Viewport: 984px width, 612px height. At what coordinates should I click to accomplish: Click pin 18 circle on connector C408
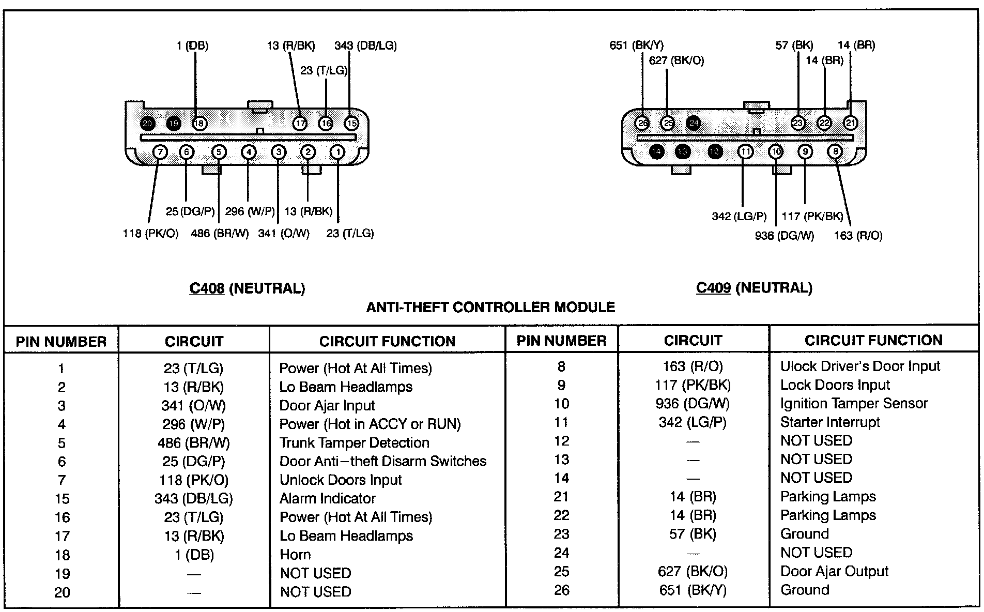point(199,124)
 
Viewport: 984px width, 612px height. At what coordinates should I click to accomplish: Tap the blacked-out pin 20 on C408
point(148,124)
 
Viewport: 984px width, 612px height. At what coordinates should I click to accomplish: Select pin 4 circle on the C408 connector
point(249,152)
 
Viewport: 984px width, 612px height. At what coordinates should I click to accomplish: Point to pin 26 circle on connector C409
point(642,123)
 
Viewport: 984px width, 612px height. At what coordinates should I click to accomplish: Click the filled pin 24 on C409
point(694,123)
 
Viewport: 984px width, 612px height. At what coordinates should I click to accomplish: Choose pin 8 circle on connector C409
point(835,151)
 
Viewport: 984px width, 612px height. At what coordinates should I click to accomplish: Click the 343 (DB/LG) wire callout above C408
point(365,45)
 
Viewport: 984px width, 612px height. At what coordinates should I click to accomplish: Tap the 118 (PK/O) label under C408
point(150,234)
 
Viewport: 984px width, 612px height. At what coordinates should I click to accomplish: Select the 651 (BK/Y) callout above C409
point(636,45)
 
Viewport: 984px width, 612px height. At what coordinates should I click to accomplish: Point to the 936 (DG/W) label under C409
point(784,236)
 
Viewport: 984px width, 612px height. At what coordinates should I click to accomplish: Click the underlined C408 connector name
point(207,288)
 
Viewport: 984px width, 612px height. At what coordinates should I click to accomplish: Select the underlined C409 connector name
point(713,288)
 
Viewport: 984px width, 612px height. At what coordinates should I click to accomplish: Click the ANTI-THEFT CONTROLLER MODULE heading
point(490,308)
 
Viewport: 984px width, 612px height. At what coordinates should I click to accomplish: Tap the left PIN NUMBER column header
point(61,342)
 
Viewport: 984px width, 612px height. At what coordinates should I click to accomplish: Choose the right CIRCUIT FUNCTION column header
point(873,340)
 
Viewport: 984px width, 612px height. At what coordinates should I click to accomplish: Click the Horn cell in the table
point(295,555)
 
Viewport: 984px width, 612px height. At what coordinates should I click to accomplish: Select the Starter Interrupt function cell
point(829,422)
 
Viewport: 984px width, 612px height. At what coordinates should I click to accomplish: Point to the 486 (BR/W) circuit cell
point(194,443)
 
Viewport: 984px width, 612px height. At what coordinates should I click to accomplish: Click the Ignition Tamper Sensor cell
point(854,404)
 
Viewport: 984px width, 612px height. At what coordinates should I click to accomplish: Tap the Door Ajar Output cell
point(834,571)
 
